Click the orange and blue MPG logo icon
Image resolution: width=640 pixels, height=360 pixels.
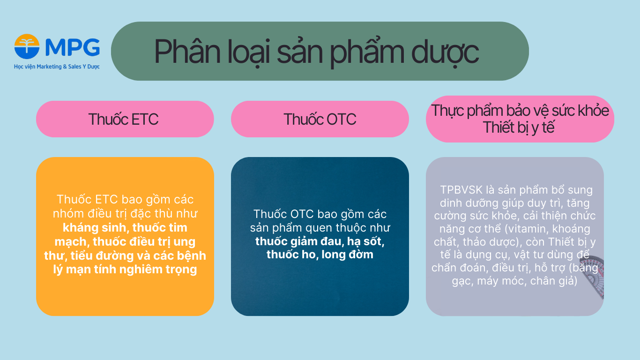tap(27, 47)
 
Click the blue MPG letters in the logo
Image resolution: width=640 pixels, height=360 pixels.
tap(73, 47)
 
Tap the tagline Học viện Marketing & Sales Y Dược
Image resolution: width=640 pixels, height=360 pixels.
tap(57, 67)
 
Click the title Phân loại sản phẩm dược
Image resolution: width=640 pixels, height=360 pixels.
tap(316, 52)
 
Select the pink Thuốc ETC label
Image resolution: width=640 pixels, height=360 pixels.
tap(124, 119)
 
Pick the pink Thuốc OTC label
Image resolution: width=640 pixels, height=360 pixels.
tap(320, 119)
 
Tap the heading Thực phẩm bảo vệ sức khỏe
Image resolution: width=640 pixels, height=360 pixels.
tap(520, 111)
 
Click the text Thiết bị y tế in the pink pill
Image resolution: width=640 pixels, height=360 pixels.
tap(519, 127)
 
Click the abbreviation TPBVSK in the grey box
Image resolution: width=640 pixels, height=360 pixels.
tap(462, 190)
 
